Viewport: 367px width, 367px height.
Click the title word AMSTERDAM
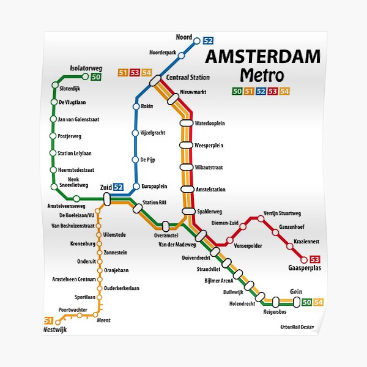tap(262, 57)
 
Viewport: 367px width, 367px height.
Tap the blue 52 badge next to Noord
tap(208, 41)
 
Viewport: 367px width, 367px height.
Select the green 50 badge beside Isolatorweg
tap(96, 76)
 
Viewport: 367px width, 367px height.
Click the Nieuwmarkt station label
tap(193, 92)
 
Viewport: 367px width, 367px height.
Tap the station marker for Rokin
tap(136, 106)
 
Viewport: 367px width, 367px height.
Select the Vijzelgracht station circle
tap(136, 133)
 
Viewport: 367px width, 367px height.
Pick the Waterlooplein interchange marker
tap(187, 123)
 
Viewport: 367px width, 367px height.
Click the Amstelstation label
tap(210, 190)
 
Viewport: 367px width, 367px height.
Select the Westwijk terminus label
tap(55, 330)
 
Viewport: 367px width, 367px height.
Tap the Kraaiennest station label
tap(306, 242)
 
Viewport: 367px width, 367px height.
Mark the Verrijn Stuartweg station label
tap(283, 213)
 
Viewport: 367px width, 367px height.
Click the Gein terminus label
tap(296, 292)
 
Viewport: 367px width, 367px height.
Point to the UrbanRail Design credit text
tap(296, 327)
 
